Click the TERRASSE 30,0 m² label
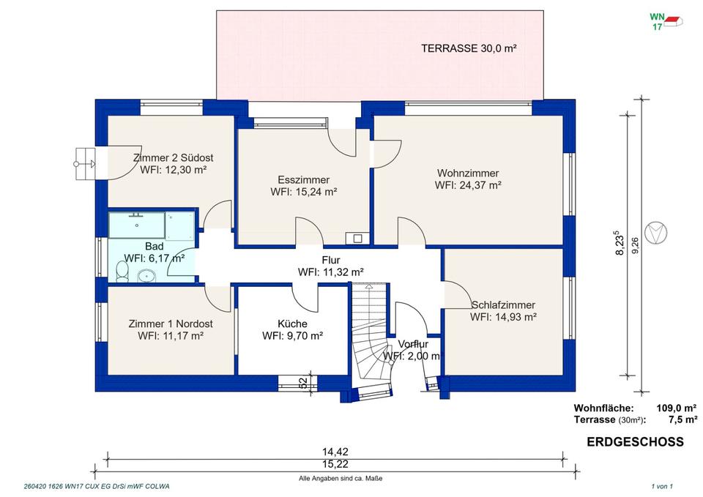point(469,48)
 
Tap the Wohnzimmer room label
point(468,173)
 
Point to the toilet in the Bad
point(122,272)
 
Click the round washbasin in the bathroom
point(146,276)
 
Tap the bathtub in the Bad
point(137,225)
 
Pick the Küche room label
point(292,324)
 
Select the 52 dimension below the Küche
point(303,382)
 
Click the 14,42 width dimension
point(335,452)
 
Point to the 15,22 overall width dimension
point(335,464)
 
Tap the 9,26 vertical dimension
point(636,246)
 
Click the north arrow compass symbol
point(655,232)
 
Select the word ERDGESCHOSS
point(636,442)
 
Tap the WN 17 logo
point(666,21)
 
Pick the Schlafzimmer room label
point(503,305)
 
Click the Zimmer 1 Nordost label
point(171,324)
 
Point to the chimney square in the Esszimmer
point(357,239)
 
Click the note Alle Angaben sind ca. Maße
point(341,479)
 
